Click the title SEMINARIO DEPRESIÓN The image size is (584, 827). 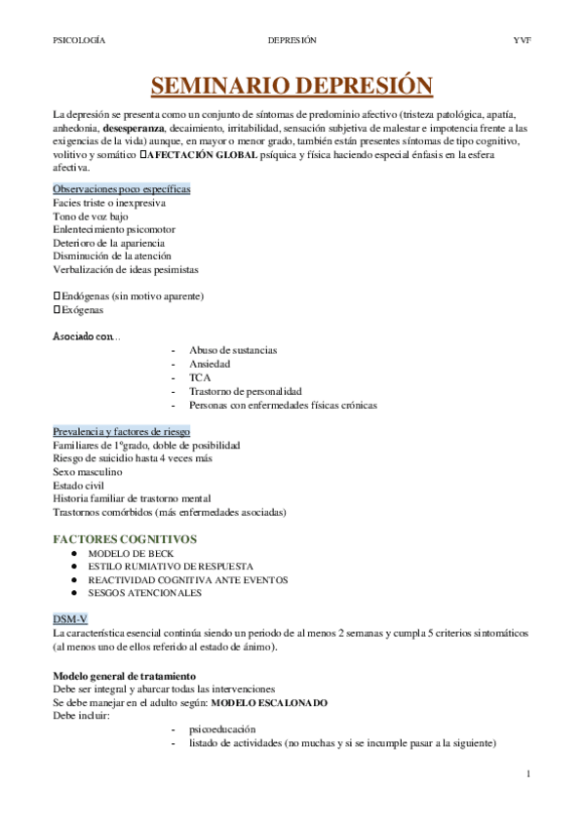(292, 86)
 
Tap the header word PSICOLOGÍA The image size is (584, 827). (79, 40)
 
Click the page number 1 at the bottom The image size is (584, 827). (526, 774)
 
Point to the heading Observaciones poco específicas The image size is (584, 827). (121, 188)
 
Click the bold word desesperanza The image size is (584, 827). (135, 128)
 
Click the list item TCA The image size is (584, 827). (200, 376)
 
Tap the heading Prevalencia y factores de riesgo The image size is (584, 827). (121, 431)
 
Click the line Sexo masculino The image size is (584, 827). (88, 471)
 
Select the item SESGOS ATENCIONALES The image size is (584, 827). (144, 592)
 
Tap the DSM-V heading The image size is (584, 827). (71, 619)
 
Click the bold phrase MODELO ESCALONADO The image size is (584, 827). (269, 702)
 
